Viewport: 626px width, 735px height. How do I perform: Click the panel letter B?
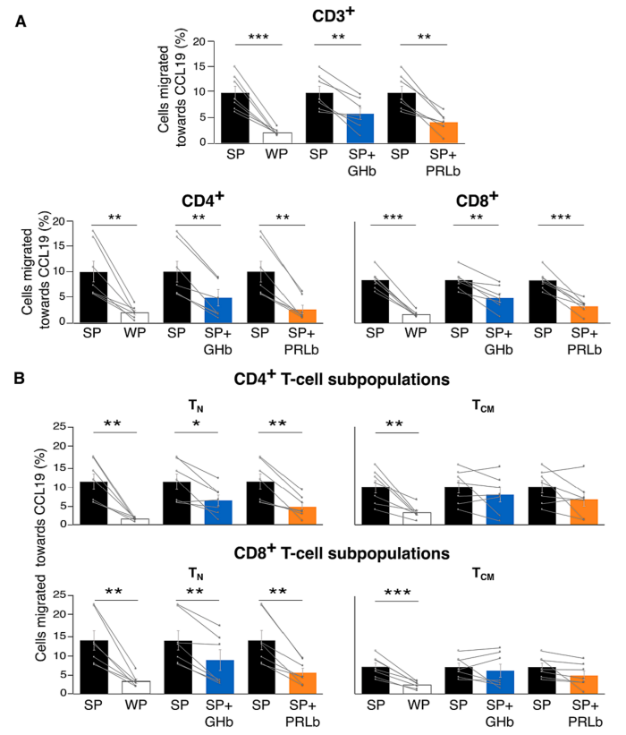click(21, 379)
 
